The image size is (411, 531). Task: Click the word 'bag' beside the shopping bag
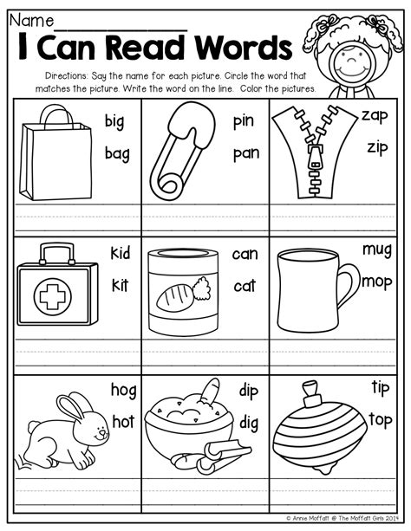(x=117, y=153)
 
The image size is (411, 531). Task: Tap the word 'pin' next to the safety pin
(x=244, y=121)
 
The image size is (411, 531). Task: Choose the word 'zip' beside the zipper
(x=375, y=146)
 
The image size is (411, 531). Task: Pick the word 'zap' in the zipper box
(x=375, y=115)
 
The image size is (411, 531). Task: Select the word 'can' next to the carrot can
(x=245, y=254)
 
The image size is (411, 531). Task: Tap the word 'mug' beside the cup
(x=376, y=249)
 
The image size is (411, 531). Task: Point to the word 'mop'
(x=376, y=280)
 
